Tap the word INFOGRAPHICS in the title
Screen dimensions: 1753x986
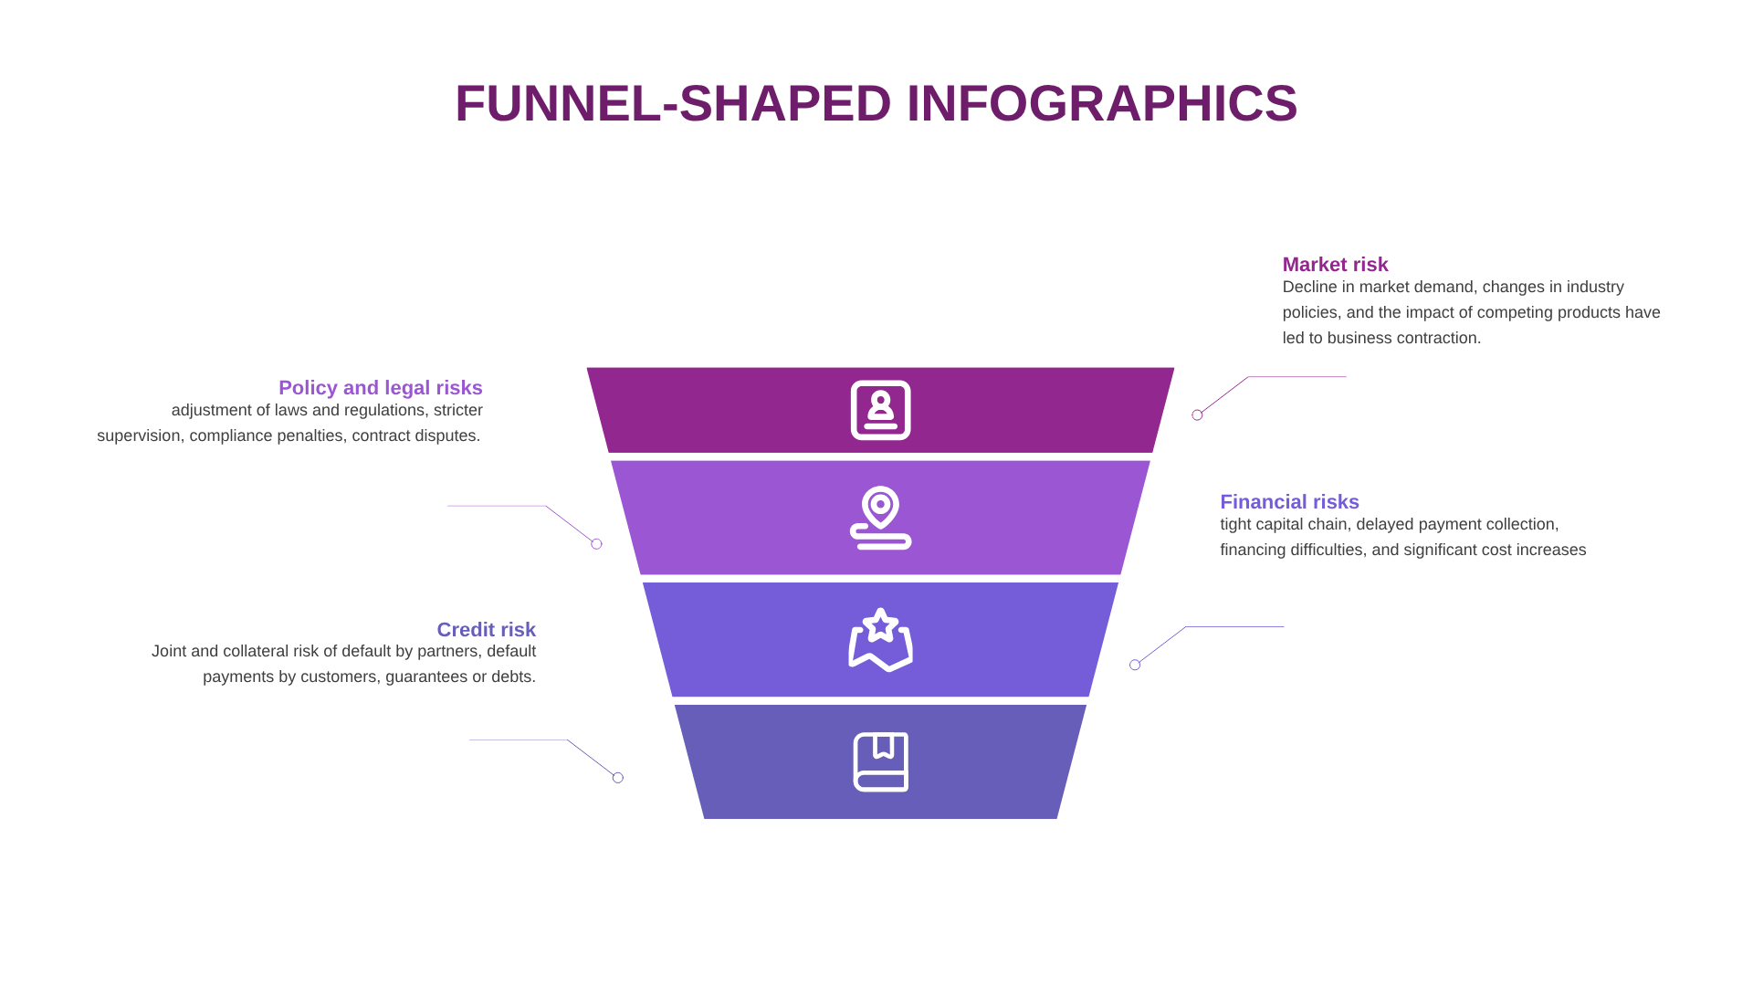[x=1102, y=103]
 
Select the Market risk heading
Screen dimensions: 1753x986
[x=1335, y=265]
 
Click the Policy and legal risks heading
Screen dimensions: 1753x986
[x=381, y=388]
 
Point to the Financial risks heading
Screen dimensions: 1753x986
[x=1289, y=502]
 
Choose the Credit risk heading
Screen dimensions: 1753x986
[x=487, y=630]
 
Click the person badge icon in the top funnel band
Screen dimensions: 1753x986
[x=881, y=410]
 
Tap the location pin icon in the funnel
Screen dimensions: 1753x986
[x=881, y=518]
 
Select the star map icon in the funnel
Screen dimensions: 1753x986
[x=881, y=640]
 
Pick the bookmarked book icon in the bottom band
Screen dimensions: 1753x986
[x=881, y=761]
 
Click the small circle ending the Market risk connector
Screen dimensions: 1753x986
[x=1197, y=415]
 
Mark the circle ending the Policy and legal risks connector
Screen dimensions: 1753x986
[x=596, y=544]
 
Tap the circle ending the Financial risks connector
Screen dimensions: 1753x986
[x=1135, y=665]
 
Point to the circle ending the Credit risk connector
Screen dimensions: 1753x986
[x=618, y=778]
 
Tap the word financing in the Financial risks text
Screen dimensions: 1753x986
[x=1255, y=551]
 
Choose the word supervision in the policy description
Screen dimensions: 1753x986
[x=139, y=436]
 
